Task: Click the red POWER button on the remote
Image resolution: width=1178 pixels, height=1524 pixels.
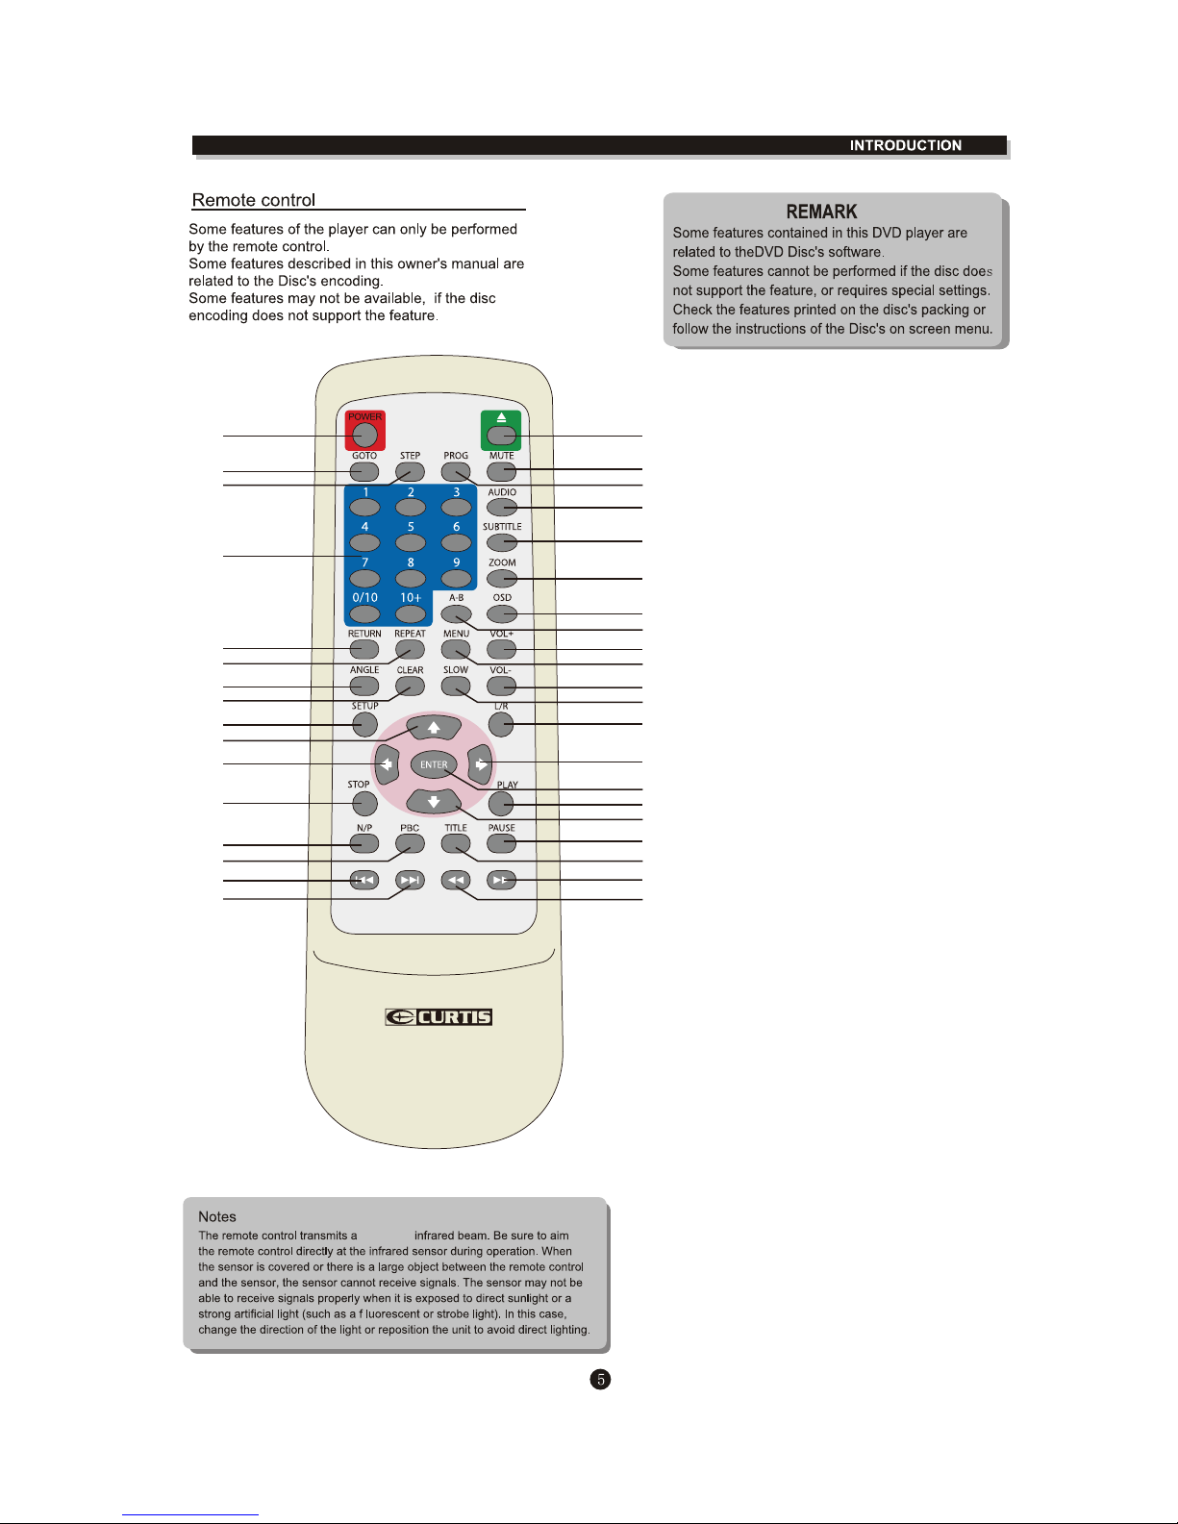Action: [x=364, y=434]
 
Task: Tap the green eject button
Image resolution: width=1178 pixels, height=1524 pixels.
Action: [x=501, y=435]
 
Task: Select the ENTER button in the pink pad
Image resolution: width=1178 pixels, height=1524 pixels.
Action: [x=434, y=764]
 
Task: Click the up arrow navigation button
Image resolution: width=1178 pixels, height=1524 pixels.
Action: [x=434, y=727]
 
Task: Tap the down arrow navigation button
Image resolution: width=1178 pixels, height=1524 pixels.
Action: [x=434, y=801]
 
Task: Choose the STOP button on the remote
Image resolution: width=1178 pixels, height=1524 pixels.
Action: [x=364, y=803]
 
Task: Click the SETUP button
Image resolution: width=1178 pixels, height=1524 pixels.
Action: [x=364, y=723]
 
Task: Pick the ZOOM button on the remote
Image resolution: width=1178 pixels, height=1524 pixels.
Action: [x=502, y=579]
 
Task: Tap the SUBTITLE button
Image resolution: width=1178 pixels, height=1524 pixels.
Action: [x=502, y=542]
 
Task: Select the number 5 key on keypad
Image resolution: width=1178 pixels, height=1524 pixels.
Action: [x=411, y=543]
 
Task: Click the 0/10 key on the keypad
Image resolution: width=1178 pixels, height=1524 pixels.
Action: [x=364, y=613]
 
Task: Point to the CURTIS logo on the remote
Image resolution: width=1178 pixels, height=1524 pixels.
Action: [x=439, y=1017]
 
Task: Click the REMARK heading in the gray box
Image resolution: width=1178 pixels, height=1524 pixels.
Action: [x=821, y=212]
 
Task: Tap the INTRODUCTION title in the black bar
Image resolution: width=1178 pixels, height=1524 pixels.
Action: [x=905, y=145]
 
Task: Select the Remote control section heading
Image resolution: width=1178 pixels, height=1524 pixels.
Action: [x=254, y=200]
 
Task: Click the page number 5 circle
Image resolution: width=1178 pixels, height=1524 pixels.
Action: [x=600, y=1380]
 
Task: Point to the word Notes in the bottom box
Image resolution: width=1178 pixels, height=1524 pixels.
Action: [x=217, y=1216]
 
